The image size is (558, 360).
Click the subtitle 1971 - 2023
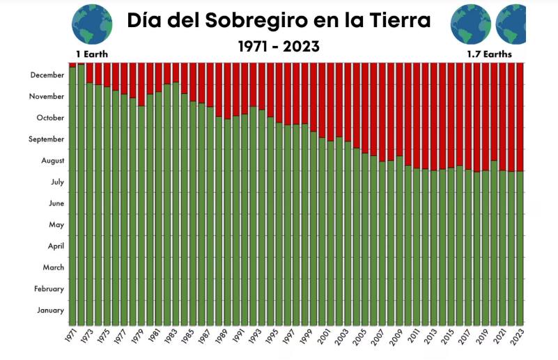(x=279, y=47)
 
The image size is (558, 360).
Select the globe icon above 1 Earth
(x=92, y=24)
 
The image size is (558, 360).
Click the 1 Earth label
(x=92, y=54)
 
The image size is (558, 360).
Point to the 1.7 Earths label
(x=489, y=54)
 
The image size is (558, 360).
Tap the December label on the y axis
(x=47, y=75)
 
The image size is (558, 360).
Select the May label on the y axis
(x=56, y=225)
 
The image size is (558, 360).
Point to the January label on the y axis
(x=50, y=311)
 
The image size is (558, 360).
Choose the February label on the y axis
(x=49, y=289)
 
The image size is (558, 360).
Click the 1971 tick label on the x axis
(x=72, y=336)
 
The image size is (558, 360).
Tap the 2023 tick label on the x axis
(x=519, y=336)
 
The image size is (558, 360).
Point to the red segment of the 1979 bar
(x=141, y=84)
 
